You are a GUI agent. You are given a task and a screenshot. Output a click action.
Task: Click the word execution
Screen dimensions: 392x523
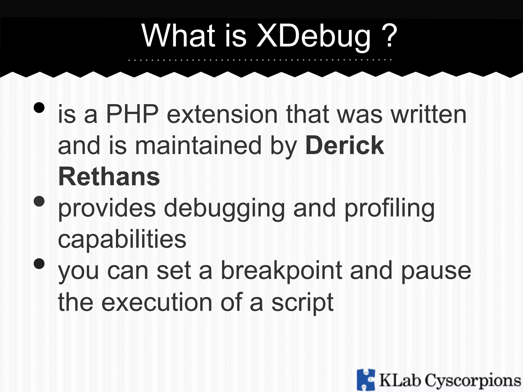click(157, 302)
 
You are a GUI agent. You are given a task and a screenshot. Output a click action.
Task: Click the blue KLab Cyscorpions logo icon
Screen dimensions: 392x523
click(366, 380)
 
